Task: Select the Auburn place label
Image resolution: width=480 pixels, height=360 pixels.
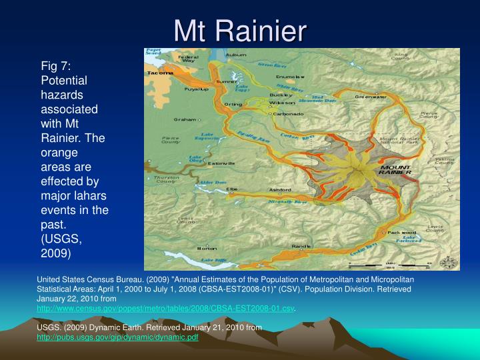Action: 236,55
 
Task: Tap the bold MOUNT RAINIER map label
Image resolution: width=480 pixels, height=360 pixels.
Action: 395,169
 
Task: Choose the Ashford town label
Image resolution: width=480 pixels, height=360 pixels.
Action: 281,190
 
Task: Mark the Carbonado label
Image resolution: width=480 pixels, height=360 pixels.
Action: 288,114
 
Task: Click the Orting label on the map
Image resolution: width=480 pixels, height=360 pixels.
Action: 233,104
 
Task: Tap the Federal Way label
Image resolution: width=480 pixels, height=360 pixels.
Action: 189,60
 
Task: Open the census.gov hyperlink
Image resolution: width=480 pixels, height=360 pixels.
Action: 165,309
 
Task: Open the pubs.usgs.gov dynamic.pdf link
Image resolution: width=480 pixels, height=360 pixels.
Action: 117,337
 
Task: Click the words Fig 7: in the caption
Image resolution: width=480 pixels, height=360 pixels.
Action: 61,65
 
